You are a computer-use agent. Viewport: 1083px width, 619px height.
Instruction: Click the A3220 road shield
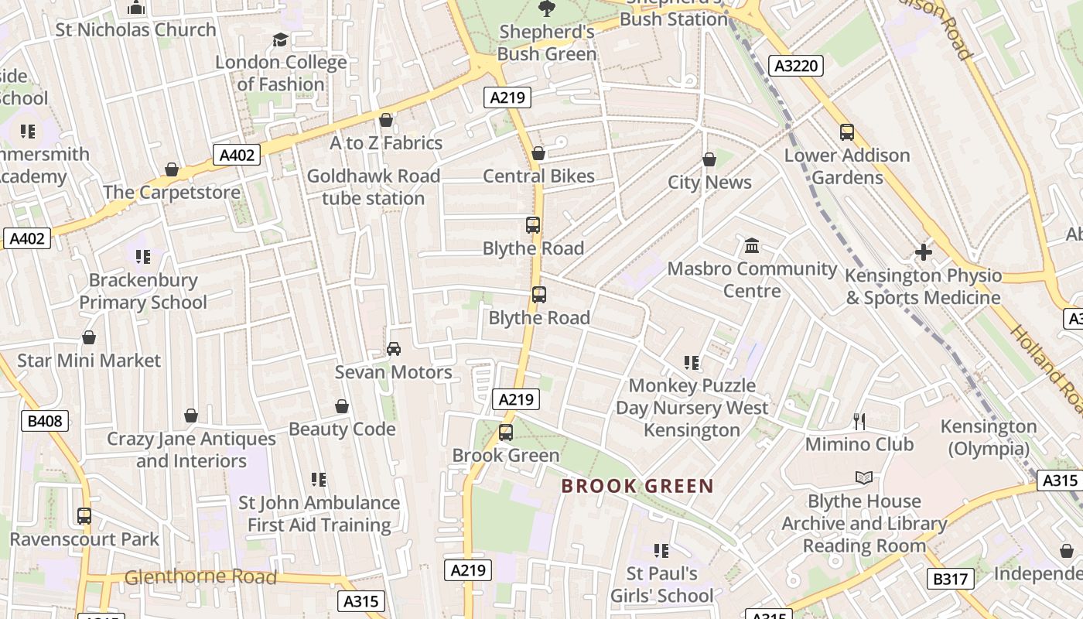(796, 66)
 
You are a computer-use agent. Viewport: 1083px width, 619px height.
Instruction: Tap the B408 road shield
(45, 421)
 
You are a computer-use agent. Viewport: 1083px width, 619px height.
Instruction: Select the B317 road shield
(950, 579)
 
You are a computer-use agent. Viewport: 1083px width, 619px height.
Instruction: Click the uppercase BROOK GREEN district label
(637, 486)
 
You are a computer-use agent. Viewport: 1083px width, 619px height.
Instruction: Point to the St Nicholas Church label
(136, 30)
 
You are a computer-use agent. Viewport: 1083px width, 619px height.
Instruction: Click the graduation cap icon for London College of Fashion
(280, 39)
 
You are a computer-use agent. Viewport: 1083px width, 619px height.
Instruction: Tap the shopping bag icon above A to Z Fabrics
(386, 120)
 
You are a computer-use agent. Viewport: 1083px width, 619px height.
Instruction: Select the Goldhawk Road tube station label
(374, 187)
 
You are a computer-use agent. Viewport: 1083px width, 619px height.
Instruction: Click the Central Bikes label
(538, 176)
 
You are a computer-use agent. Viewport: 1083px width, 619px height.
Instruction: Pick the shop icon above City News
(709, 160)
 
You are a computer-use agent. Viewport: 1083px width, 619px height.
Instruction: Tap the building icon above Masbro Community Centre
(751, 246)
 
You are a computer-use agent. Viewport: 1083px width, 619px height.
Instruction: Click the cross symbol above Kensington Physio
(923, 252)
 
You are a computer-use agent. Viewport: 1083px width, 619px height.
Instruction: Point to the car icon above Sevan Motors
(394, 349)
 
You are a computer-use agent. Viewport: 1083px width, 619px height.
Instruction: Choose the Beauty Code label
(342, 429)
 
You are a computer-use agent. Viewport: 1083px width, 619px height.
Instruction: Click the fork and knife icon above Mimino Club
(859, 421)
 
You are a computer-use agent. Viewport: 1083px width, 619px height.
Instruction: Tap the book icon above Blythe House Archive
(864, 478)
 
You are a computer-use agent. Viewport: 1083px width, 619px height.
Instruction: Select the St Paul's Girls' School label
(661, 585)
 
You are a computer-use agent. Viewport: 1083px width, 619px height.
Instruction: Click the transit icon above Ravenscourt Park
(84, 516)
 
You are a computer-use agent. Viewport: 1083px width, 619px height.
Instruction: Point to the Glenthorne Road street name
(200, 577)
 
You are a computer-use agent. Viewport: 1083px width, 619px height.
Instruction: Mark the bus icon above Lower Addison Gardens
(847, 132)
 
